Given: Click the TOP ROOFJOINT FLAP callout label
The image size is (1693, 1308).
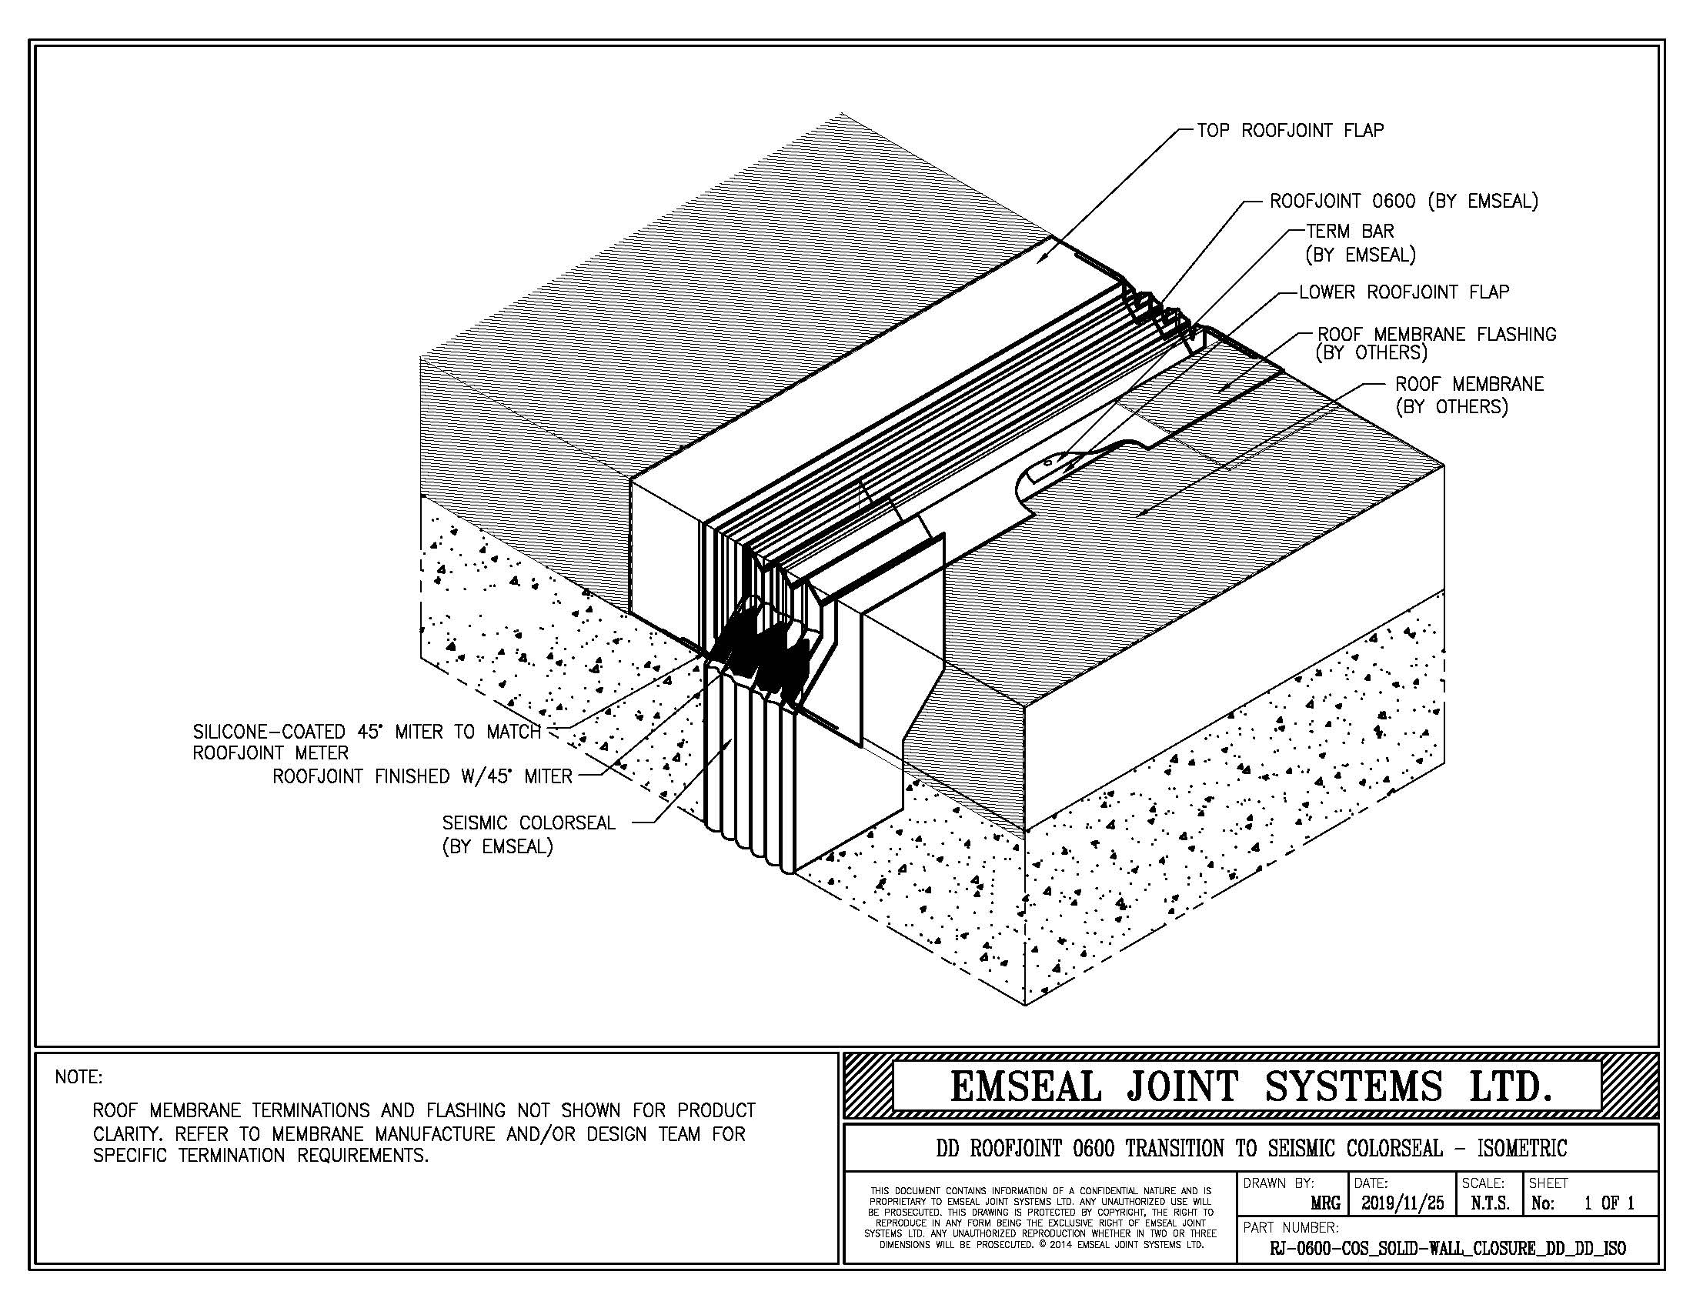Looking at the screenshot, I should click(1290, 131).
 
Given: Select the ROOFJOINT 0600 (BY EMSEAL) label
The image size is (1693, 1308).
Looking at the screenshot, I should click(1403, 202).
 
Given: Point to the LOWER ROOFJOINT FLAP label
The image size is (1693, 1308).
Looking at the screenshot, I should click(1404, 292).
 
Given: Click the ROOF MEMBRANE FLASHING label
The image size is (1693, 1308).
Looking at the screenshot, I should click(1437, 335).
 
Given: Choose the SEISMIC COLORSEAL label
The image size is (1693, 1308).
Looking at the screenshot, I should click(529, 823).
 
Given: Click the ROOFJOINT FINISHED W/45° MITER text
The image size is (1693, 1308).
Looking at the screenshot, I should click(422, 776).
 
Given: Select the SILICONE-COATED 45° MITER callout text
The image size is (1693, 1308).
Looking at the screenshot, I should click(366, 732).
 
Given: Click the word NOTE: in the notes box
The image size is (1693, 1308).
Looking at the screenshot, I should click(78, 1077).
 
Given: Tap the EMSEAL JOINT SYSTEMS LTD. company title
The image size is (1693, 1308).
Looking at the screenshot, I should click(1251, 1086).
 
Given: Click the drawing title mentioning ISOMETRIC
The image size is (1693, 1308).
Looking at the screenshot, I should click(1251, 1148).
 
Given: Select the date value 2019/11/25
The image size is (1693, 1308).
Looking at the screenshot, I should click(1402, 1203).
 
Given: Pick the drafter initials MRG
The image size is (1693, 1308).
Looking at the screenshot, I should click(1325, 1204).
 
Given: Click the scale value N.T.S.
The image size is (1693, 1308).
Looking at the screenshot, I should click(1488, 1203).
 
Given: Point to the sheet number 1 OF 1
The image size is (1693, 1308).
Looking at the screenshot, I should click(1608, 1203).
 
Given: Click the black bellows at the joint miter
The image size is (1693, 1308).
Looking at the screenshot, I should click(763, 655).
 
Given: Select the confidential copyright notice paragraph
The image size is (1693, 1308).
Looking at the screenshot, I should click(1039, 1218).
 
